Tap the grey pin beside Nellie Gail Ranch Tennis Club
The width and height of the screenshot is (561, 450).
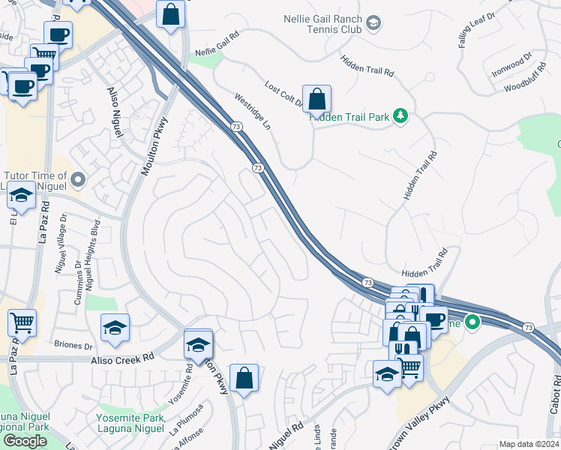(x=373, y=25)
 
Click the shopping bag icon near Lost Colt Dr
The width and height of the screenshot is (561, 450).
(x=318, y=98)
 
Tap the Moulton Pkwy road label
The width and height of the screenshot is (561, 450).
(x=154, y=145)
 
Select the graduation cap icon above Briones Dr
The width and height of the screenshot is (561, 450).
(x=115, y=328)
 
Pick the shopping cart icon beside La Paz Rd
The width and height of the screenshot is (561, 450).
(x=22, y=323)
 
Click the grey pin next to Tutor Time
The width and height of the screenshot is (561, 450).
(x=77, y=179)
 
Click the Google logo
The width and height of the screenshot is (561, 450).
(x=25, y=441)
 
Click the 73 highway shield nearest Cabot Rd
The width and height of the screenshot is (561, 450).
(x=529, y=328)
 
